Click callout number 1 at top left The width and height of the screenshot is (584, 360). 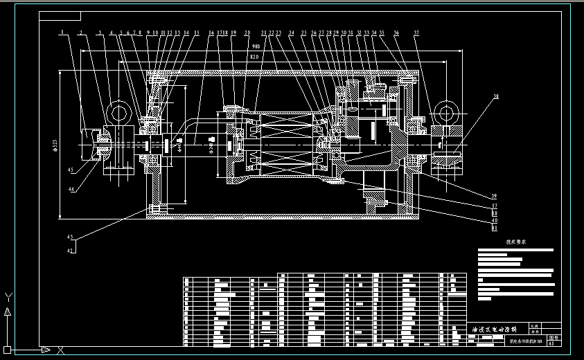tap(62, 33)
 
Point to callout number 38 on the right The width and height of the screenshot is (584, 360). tap(495, 98)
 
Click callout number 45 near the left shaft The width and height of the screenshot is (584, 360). tap(71, 169)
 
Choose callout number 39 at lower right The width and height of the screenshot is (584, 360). tap(495, 196)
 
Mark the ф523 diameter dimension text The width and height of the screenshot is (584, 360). tap(54, 145)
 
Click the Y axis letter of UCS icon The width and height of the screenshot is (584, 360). tap(8, 296)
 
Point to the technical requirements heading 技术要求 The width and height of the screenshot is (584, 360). tap(516, 242)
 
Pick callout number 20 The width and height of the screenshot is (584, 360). tap(247, 33)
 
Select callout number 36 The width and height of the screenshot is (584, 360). tap(396, 33)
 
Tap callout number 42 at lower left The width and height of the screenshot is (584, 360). tap(70, 251)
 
